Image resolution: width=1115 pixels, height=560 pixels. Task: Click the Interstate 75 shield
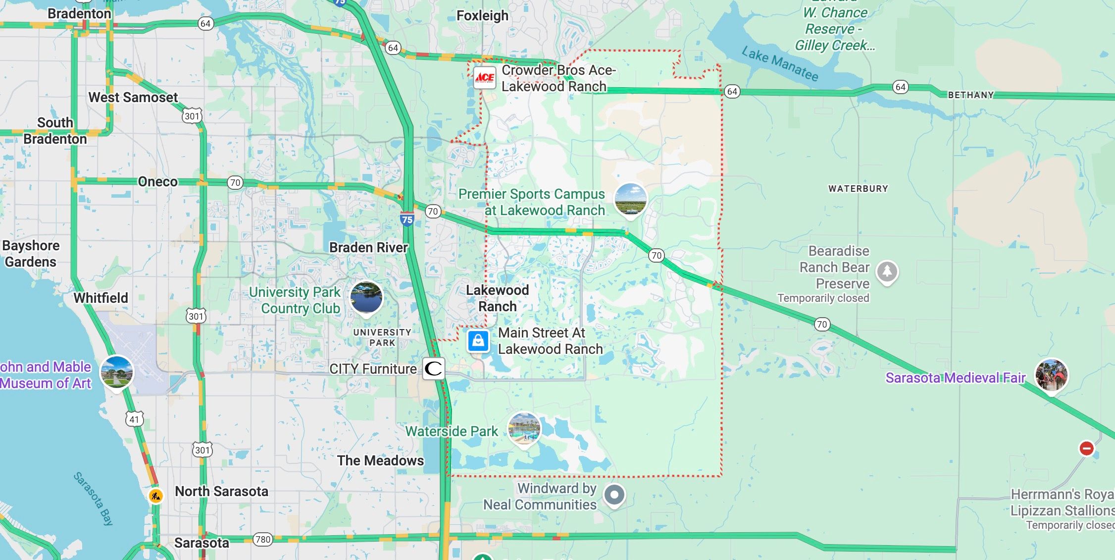click(407, 219)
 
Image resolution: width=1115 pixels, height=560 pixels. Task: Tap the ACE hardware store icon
click(484, 78)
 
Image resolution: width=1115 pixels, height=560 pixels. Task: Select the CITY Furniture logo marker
click(433, 369)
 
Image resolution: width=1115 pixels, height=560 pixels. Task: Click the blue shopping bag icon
click(478, 341)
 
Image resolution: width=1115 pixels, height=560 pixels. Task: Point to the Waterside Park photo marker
click(524, 429)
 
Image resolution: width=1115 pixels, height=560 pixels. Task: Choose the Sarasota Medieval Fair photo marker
click(1051, 375)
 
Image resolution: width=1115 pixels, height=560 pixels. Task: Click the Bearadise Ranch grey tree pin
click(887, 272)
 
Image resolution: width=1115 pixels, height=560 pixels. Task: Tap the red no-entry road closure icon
click(1086, 448)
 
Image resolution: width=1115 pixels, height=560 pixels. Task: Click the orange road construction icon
click(156, 496)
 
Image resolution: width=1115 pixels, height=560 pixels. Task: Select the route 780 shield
click(262, 539)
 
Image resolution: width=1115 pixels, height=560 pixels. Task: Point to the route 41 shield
click(134, 419)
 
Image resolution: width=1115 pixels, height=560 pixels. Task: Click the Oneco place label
click(157, 182)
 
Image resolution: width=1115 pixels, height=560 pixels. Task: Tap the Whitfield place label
click(101, 298)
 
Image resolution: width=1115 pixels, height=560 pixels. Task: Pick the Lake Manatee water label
click(780, 63)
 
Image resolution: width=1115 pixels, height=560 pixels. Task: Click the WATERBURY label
click(858, 189)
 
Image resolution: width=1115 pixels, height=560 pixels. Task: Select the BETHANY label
click(970, 95)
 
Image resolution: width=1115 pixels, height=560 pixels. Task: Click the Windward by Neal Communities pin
click(614, 495)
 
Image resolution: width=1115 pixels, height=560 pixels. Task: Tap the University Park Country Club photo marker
click(366, 297)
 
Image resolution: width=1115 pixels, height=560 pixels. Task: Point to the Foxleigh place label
click(482, 16)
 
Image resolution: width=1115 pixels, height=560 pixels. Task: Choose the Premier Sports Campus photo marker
click(630, 200)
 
